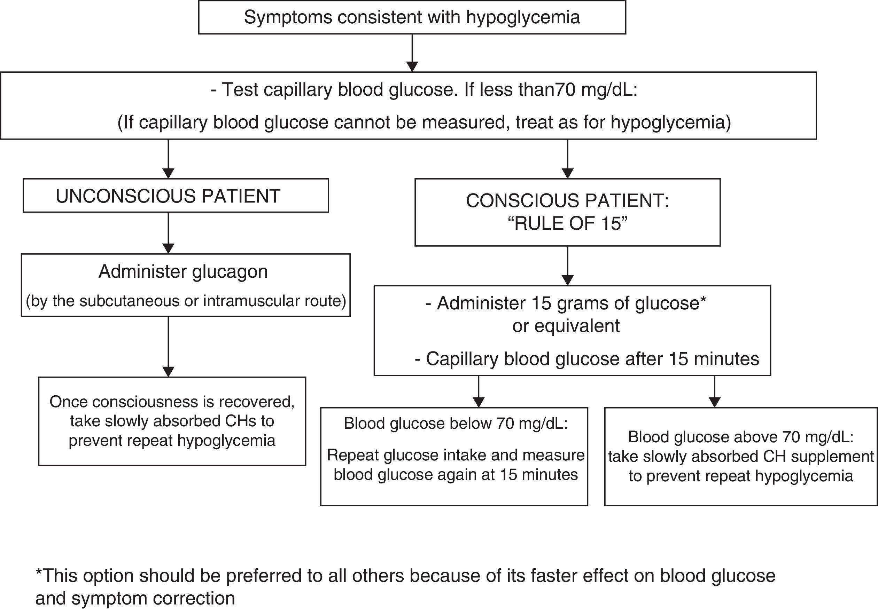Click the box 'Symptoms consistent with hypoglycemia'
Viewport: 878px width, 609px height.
click(412, 17)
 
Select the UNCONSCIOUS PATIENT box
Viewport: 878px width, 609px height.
click(175, 196)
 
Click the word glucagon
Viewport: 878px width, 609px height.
click(230, 272)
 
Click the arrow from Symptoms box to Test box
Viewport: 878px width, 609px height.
click(412, 54)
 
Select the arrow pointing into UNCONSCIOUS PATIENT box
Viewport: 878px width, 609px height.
click(169, 159)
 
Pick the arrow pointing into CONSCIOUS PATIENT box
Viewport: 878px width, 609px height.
click(568, 159)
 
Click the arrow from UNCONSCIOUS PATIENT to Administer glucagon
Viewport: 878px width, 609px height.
click(169, 233)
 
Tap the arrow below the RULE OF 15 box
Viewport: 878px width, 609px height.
click(568, 266)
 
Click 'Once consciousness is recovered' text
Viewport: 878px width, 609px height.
click(172, 402)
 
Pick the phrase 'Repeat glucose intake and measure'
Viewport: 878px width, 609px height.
click(456, 455)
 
